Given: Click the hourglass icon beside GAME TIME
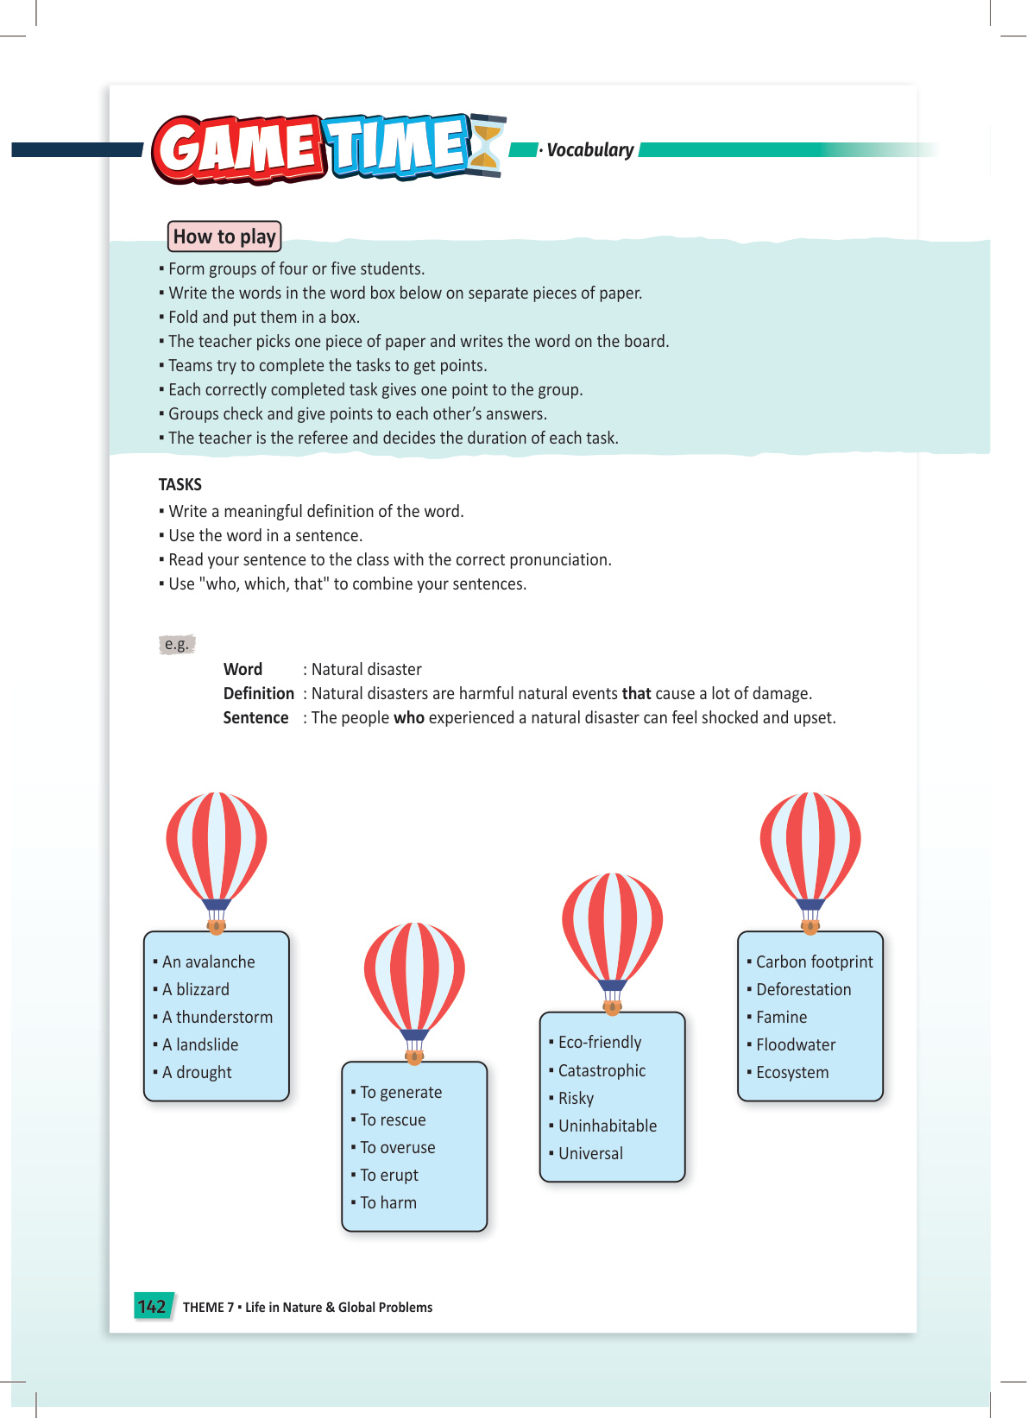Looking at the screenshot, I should pyautogui.click(x=487, y=145).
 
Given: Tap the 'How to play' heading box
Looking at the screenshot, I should pyautogui.click(x=224, y=236).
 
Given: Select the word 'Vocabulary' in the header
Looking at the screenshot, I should pyautogui.click(x=590, y=150).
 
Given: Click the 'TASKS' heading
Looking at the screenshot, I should pyautogui.click(x=180, y=484).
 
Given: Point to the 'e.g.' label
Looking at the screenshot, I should pyautogui.click(x=177, y=644).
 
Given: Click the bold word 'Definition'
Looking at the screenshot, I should pyautogui.click(x=258, y=693).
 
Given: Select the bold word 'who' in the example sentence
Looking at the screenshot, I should pyautogui.click(x=409, y=717).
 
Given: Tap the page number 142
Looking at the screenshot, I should pyautogui.click(x=152, y=1307).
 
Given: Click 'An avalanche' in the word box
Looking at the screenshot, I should pyautogui.click(x=209, y=962).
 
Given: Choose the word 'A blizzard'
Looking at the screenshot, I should pyautogui.click(x=196, y=989).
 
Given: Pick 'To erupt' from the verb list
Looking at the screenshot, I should pyautogui.click(x=389, y=1175).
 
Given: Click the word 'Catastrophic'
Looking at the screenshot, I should pyautogui.click(x=602, y=1070).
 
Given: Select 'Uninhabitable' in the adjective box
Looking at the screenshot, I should pyautogui.click(x=608, y=1126).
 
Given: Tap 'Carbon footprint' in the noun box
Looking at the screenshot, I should pyautogui.click(x=815, y=962).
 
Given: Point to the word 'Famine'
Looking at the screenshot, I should pyautogui.click(x=782, y=1017).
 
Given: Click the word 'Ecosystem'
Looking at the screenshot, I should pyautogui.click(x=792, y=1072).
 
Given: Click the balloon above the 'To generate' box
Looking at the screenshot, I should pyautogui.click(x=414, y=980).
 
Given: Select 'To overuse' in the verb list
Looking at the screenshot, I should pyautogui.click(x=398, y=1147).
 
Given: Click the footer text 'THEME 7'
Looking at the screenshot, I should pyautogui.click(x=208, y=1307).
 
